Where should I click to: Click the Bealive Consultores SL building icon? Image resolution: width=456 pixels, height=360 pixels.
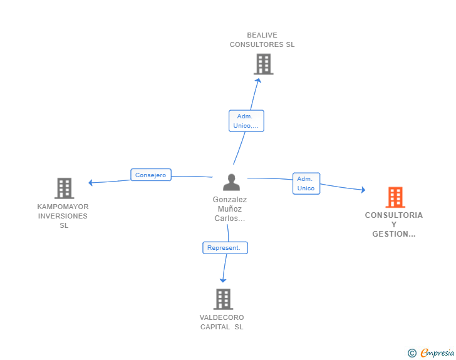click(264, 64)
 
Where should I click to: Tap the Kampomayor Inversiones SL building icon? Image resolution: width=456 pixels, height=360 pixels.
click(64, 188)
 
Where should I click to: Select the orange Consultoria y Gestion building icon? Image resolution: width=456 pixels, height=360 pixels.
click(395, 197)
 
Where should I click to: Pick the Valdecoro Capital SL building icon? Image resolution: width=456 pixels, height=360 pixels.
click(223, 299)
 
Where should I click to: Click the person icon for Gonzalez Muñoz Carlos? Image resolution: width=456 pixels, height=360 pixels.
click(231, 182)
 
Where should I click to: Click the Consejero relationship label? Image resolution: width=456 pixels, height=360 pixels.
click(151, 175)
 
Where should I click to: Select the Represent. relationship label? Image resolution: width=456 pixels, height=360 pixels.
click(225, 248)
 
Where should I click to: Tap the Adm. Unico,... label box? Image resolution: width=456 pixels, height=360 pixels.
click(246, 121)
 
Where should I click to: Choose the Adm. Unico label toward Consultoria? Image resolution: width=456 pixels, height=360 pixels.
click(306, 183)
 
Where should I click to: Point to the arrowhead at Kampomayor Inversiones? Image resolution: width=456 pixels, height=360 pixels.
click(91, 183)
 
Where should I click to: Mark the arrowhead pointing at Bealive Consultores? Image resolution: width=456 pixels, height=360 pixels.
click(257, 80)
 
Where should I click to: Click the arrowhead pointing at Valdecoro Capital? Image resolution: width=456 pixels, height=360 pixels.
click(223, 280)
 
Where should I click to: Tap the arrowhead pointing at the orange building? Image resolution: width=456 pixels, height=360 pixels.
click(363, 189)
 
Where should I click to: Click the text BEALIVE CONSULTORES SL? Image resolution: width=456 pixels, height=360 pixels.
click(262, 40)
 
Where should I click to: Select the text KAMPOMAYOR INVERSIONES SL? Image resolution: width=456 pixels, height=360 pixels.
click(63, 216)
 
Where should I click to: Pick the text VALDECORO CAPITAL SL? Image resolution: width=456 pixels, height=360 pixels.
click(222, 322)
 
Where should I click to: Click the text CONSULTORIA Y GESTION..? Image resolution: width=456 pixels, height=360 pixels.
click(394, 224)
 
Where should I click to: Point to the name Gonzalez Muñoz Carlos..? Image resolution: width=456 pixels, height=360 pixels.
click(230, 209)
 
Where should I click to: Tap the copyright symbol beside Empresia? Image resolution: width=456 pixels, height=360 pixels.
click(412, 353)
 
